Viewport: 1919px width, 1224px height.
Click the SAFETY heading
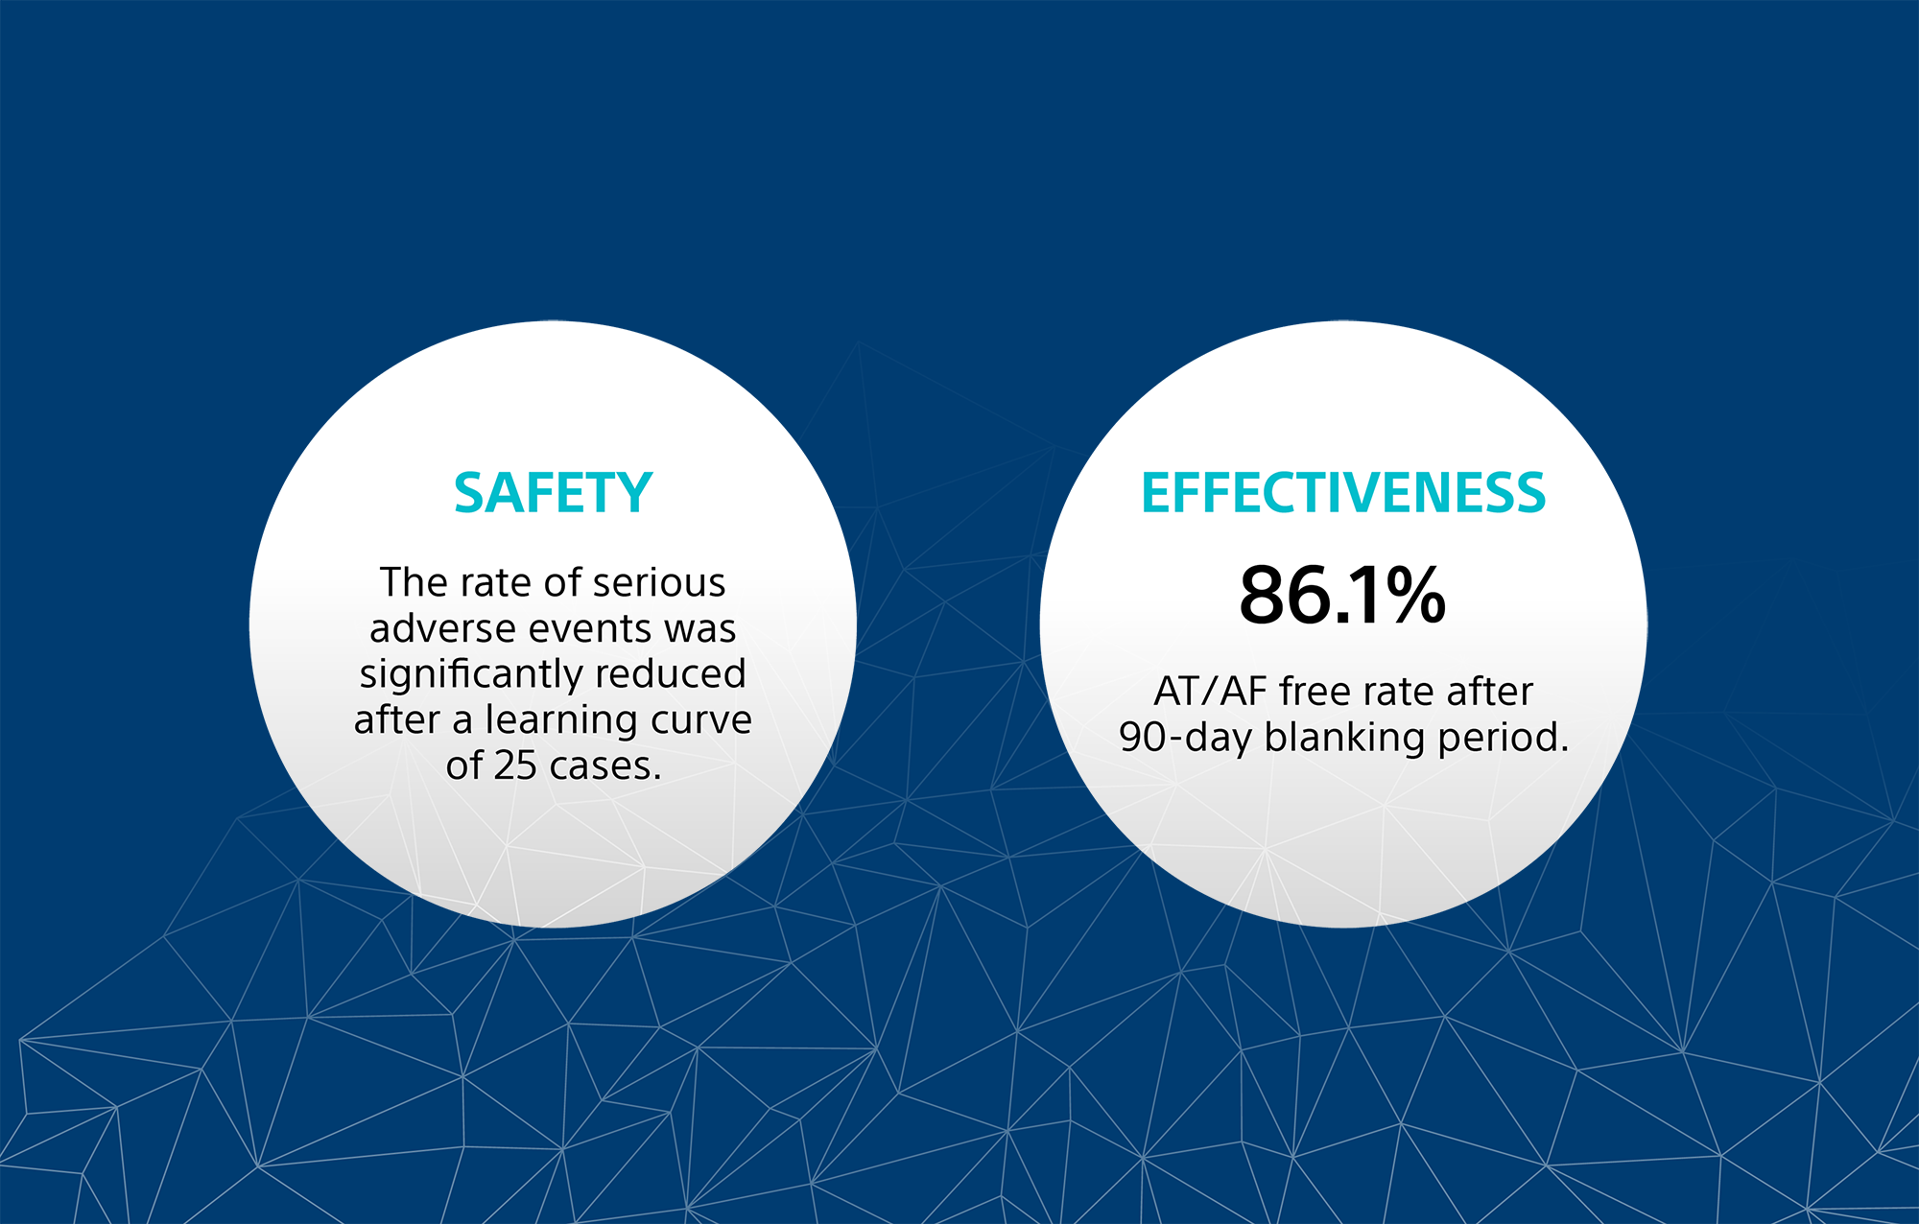pos(553,494)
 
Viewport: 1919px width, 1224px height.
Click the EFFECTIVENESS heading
pos(1342,494)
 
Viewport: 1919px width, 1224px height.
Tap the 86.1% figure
pos(1341,596)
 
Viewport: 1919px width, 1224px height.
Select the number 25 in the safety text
pos(515,765)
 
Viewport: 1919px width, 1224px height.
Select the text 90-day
pos(1185,738)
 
